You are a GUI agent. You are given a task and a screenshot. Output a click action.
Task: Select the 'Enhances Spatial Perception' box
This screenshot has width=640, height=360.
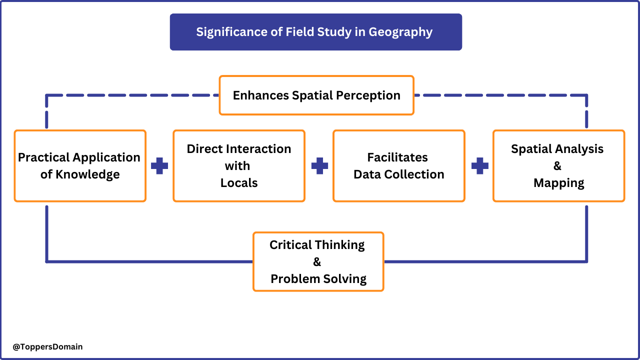point(316,95)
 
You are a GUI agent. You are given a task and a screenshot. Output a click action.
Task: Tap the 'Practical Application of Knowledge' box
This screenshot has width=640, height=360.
point(80,165)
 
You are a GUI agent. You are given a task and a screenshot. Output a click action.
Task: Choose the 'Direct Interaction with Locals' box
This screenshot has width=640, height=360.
point(239,165)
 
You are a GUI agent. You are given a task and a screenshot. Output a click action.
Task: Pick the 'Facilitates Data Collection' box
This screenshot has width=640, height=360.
point(399,165)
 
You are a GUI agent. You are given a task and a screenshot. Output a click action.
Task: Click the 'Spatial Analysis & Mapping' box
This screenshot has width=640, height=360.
point(558,165)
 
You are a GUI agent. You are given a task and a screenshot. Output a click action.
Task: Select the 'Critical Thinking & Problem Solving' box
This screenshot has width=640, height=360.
point(318,261)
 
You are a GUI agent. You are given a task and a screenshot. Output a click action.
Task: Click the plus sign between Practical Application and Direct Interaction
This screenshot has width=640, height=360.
point(159,166)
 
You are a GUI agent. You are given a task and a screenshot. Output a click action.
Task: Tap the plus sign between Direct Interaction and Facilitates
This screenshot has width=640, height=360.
point(319,166)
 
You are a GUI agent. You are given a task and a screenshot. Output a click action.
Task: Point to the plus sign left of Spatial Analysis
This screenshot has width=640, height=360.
point(479,166)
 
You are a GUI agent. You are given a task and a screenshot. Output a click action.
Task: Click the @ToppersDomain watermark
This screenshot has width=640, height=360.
point(47,346)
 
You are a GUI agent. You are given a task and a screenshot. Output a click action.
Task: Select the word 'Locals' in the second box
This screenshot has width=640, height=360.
point(239,183)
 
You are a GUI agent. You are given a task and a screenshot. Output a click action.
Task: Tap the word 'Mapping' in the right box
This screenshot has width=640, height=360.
point(558,183)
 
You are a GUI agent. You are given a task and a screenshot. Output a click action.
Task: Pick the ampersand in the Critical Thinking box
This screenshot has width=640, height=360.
point(317,262)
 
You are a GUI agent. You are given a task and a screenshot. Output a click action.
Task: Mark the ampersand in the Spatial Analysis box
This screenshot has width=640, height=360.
point(557,166)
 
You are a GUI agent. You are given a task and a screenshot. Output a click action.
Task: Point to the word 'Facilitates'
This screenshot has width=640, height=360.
point(397,157)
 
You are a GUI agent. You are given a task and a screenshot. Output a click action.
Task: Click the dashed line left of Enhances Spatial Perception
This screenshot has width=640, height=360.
point(135,95)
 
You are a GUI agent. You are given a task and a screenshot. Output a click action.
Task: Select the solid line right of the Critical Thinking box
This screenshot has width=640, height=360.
point(485,261)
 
